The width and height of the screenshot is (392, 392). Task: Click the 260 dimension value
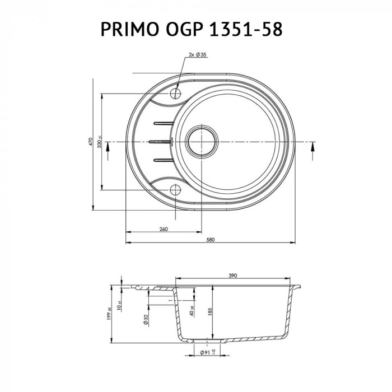pos(164,228)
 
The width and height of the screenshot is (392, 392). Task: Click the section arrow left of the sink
pos(109,150)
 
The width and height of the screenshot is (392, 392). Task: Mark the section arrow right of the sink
pos(311,150)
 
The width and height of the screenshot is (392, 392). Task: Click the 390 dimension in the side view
pos(234,276)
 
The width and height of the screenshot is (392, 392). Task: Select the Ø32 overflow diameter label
pos(145,319)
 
